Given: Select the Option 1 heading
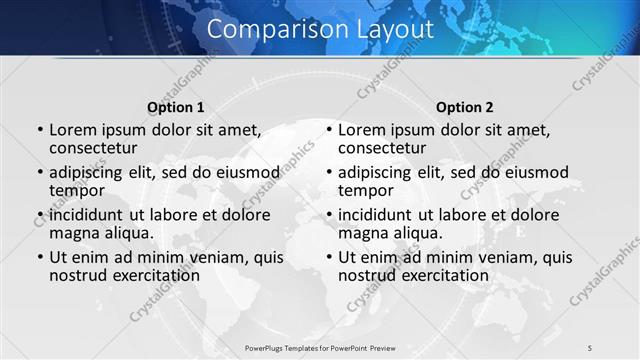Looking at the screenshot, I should [175, 107].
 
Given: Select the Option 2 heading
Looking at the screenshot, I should [465, 107].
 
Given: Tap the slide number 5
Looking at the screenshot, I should [590, 347].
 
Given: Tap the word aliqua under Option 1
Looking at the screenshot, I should [128, 233].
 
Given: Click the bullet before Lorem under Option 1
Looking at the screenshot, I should [39, 131].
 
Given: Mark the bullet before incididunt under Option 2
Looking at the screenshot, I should [328, 215].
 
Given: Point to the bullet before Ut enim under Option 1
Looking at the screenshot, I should [39, 258].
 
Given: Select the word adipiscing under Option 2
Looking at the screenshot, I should [375, 172].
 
